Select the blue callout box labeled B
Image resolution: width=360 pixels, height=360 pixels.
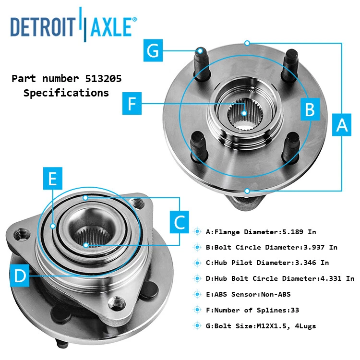click(x=310, y=109)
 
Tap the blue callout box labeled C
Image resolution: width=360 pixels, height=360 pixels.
click(x=179, y=222)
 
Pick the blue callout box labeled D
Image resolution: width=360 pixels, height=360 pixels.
click(x=20, y=276)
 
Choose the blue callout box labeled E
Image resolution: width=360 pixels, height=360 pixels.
click(x=52, y=179)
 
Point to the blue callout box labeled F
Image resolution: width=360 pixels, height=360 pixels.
click(x=132, y=103)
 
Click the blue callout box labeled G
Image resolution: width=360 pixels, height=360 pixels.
click(x=153, y=50)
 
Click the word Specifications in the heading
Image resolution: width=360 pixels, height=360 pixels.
click(x=66, y=93)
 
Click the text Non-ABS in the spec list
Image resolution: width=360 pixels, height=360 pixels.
click(x=276, y=294)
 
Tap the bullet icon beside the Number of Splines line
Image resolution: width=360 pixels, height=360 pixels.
click(x=197, y=310)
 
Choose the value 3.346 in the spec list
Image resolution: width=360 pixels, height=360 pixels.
click(x=308, y=263)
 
